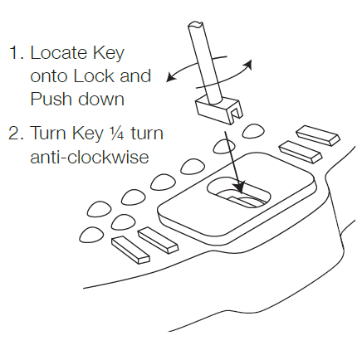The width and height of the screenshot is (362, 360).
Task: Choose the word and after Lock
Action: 135,76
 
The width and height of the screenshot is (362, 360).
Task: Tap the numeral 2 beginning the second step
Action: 14,133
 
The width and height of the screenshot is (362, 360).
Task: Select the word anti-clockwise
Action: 90,157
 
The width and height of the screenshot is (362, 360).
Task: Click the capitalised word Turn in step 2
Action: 48,133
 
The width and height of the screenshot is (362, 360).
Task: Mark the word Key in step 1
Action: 109,54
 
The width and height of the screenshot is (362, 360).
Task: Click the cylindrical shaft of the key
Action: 206,64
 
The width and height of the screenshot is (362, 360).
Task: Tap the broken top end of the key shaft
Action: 196,24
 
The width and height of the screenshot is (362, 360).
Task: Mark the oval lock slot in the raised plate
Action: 238,192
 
